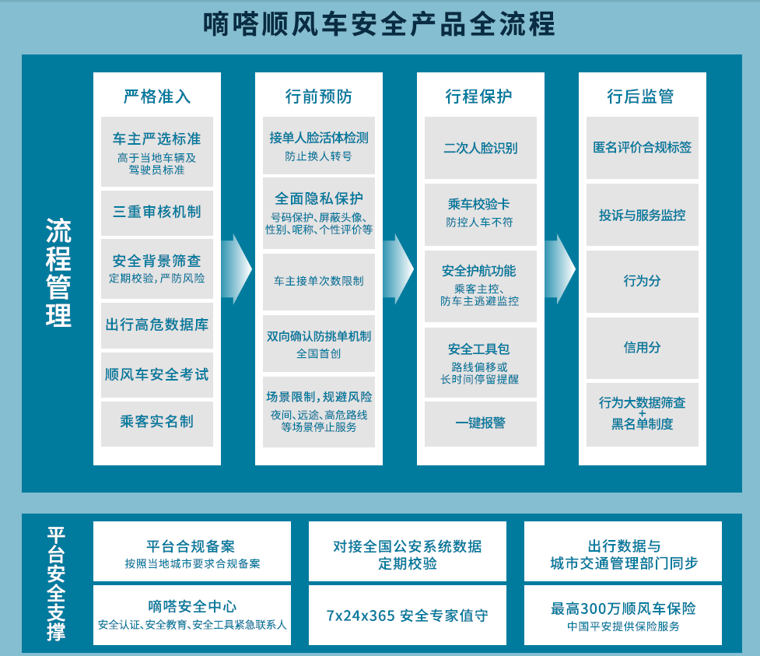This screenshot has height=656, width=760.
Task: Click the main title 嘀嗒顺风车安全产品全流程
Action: coord(379,24)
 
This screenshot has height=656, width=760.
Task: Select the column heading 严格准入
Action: coord(157,96)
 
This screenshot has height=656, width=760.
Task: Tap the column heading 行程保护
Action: coord(479,96)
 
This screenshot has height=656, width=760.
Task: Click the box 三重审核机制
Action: coord(157,212)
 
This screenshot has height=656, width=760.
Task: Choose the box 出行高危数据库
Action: coord(157,324)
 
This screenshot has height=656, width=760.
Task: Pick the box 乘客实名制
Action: coord(157,422)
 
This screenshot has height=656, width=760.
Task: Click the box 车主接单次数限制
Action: coord(319,280)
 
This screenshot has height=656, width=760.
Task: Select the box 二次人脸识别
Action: coord(481,148)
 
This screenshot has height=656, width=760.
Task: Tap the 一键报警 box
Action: coord(481,423)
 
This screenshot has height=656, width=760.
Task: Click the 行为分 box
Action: coord(643,280)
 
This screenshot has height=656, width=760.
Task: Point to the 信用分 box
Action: coord(643,347)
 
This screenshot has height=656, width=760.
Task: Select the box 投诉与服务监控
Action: coord(643,215)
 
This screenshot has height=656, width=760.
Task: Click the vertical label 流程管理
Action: coord(58,272)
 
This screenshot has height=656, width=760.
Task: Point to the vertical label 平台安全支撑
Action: coord(56,584)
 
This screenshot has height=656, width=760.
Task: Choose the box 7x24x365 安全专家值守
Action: coord(408,616)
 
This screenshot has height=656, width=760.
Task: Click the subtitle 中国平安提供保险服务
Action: coord(623,626)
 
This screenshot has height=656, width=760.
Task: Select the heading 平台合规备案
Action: coord(191,546)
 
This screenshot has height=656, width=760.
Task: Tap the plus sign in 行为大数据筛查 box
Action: coord(643,413)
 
